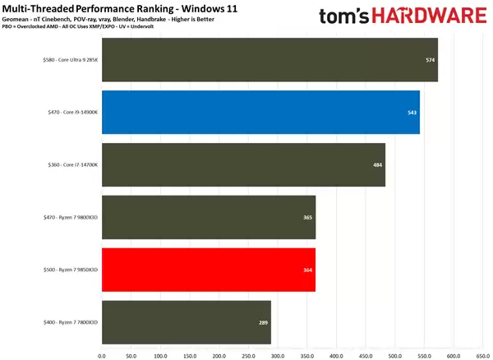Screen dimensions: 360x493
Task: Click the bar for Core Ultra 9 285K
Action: point(270,60)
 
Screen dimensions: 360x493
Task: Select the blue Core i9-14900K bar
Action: point(260,112)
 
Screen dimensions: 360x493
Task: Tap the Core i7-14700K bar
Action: point(243,164)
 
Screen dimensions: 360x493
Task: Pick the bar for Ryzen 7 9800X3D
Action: point(209,217)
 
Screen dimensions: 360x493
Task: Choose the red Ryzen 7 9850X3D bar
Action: point(209,270)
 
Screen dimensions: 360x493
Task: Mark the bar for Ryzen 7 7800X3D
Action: point(186,322)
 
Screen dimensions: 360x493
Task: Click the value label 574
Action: point(430,60)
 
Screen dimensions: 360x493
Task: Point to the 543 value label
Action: point(412,112)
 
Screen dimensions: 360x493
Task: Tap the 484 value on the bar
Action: point(377,164)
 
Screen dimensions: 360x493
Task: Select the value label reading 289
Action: point(263,322)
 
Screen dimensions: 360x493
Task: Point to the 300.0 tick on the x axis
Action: point(277,355)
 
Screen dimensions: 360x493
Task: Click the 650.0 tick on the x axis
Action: point(482,355)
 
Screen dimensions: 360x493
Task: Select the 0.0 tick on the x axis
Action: point(102,355)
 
